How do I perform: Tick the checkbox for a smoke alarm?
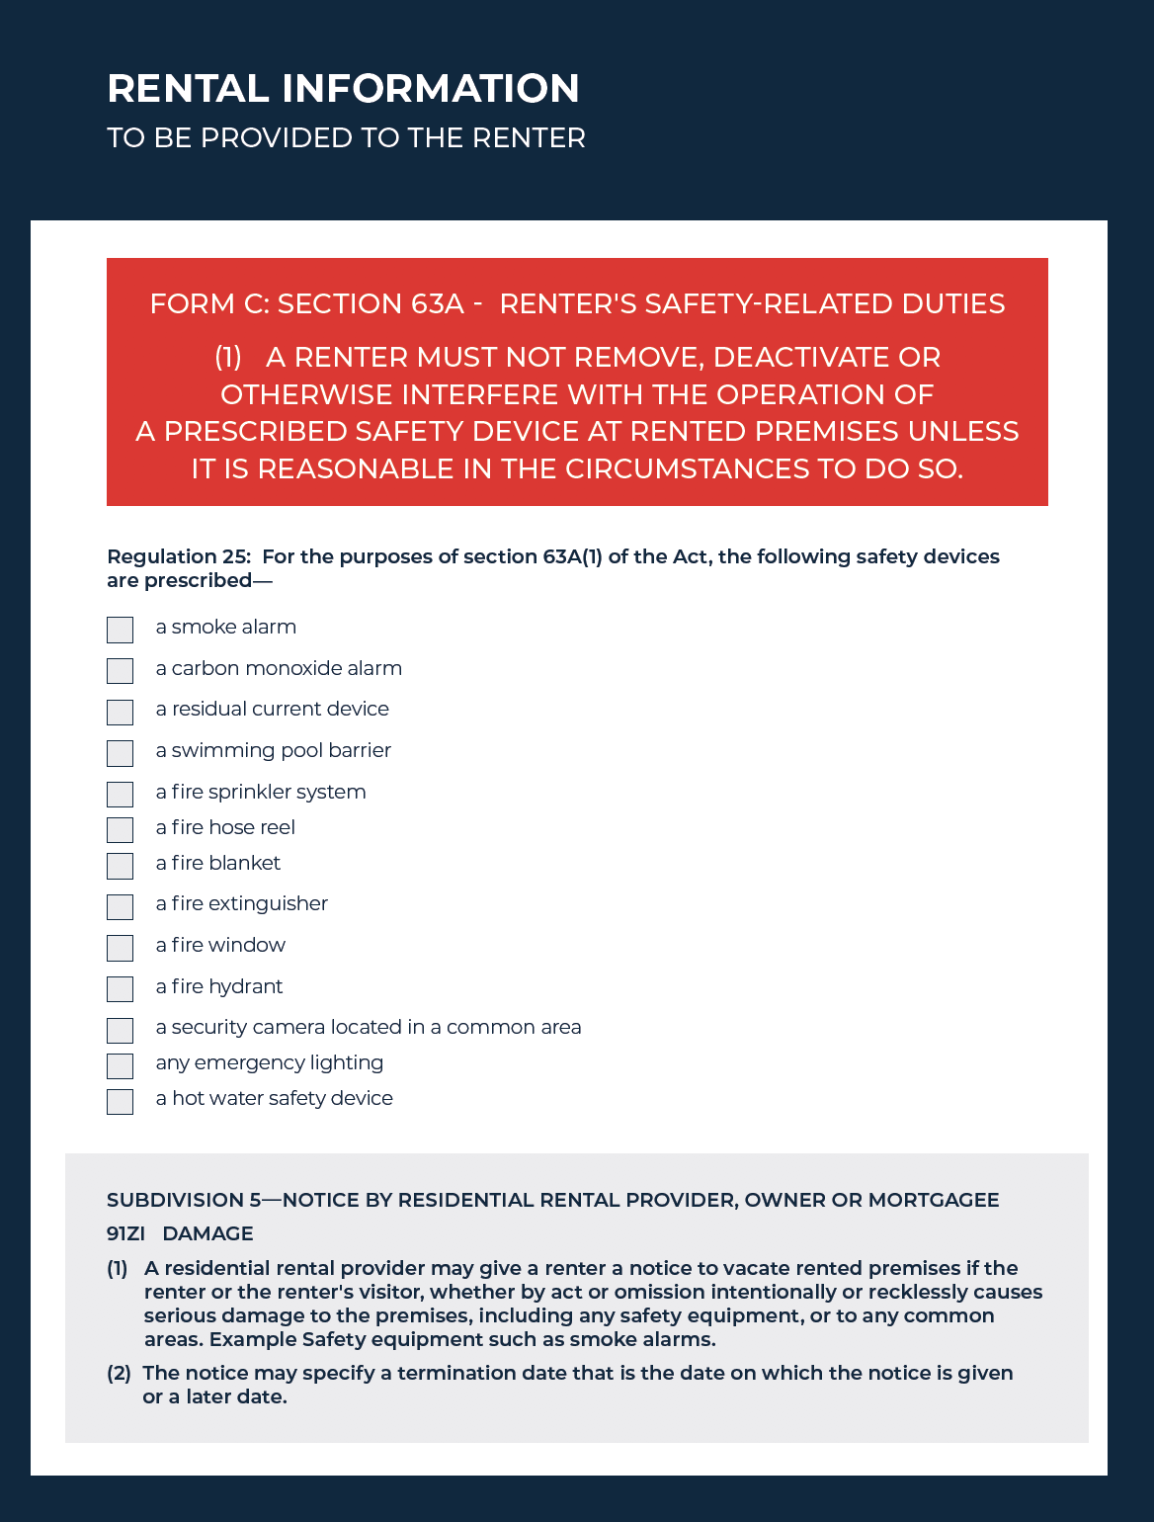(120, 630)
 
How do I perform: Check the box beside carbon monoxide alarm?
(120, 671)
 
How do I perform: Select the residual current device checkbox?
(120, 712)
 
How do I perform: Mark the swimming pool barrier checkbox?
(120, 753)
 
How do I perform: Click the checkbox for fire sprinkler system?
(120, 794)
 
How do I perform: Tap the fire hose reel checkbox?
(120, 829)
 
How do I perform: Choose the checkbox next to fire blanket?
(120, 866)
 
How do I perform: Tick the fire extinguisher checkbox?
(120, 906)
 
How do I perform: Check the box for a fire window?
(120, 948)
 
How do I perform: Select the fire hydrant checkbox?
(120, 988)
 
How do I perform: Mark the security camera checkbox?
(120, 1030)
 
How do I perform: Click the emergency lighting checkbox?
(120, 1065)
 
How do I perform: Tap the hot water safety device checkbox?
(120, 1101)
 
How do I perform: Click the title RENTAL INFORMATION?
(343, 89)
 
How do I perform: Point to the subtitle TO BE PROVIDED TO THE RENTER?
(346, 137)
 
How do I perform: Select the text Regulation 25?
(179, 556)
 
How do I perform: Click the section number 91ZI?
(125, 1233)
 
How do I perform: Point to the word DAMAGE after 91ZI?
(207, 1233)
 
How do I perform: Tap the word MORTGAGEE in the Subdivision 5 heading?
(933, 1200)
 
